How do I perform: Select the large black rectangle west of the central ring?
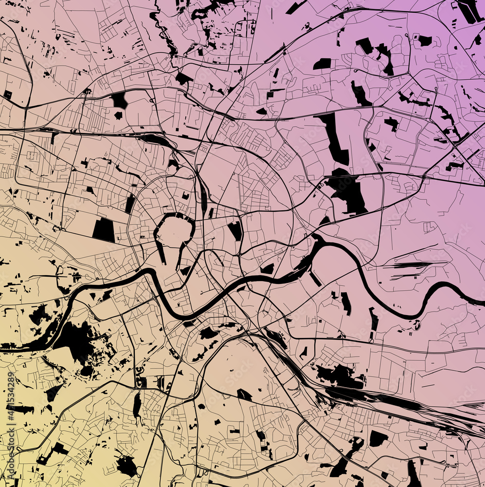[104, 230]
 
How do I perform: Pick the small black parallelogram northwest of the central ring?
[130, 204]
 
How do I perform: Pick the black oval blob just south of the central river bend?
[208, 333]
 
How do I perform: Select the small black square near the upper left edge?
[7, 94]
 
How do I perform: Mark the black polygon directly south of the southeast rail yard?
[377, 438]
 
